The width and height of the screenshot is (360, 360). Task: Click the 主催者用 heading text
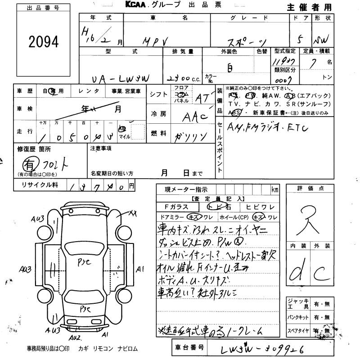click(309, 7)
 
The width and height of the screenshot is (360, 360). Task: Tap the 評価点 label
click(310, 189)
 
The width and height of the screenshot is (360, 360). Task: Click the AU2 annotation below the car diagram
click(75, 337)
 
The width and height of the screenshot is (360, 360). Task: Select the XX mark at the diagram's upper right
click(133, 212)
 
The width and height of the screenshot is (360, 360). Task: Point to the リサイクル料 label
click(36, 184)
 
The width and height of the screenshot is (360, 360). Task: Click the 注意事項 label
click(101, 148)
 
